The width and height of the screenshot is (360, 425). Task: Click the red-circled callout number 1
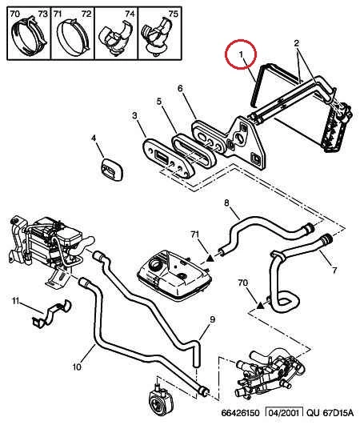tap(241, 54)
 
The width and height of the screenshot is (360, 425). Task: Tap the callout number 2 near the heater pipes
tap(297, 43)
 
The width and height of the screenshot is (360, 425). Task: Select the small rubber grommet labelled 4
tap(112, 170)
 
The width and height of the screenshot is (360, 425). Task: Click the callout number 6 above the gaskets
tap(180, 88)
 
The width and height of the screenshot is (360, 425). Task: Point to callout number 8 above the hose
tap(226, 202)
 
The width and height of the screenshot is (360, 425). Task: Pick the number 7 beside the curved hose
tap(334, 270)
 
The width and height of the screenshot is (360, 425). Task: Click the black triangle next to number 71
tap(210, 259)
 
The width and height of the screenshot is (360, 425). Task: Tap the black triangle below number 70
tap(260, 306)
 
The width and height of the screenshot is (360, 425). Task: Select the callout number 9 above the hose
tap(212, 319)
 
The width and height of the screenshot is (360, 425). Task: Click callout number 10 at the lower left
tap(77, 367)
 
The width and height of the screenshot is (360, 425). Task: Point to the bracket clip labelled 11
tap(52, 314)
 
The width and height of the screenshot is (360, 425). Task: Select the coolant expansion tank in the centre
tap(174, 273)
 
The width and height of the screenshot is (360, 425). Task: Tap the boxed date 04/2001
tap(284, 413)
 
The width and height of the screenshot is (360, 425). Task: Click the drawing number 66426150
tap(241, 413)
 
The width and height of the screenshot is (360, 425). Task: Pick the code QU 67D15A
tap(330, 413)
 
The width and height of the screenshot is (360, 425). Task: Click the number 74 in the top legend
tap(130, 14)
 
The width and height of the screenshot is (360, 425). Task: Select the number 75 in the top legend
tap(173, 14)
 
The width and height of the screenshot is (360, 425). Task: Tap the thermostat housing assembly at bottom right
tap(270, 374)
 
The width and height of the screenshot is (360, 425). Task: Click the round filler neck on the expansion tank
tap(156, 263)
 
